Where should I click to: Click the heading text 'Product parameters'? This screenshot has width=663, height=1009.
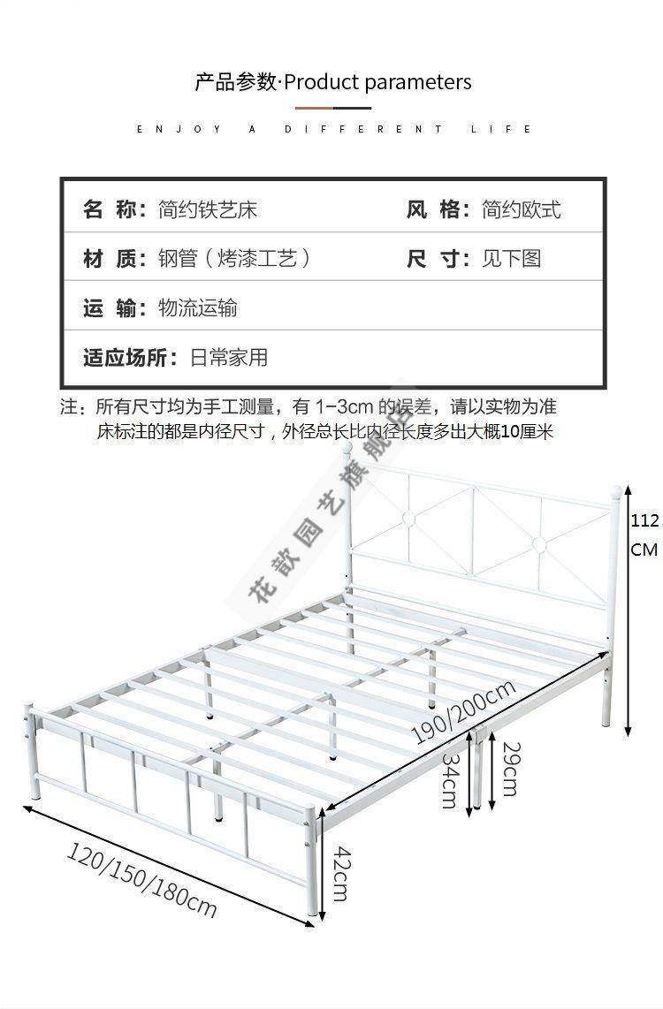(377, 83)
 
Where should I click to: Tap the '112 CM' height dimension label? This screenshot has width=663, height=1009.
(644, 535)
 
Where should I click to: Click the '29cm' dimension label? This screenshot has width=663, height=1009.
(509, 769)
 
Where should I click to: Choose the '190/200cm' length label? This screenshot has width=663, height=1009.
(463, 712)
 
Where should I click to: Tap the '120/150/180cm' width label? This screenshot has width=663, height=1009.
(141, 880)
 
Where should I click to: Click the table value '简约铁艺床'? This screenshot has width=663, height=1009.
(208, 209)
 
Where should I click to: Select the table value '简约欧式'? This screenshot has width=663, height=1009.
(522, 209)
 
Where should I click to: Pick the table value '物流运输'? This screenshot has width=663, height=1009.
(198, 308)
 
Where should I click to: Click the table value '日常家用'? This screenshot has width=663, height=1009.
(228, 357)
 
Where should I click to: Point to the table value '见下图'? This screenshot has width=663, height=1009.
(512, 259)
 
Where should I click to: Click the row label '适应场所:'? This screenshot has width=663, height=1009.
(131, 357)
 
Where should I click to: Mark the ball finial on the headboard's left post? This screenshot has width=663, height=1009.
(347, 448)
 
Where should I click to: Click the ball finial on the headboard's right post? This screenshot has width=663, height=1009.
(616, 491)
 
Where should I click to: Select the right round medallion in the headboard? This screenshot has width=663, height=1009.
(539, 545)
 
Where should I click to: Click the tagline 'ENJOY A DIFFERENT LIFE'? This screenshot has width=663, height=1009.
(334, 129)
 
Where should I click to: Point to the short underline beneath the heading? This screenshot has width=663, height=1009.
(333, 108)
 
